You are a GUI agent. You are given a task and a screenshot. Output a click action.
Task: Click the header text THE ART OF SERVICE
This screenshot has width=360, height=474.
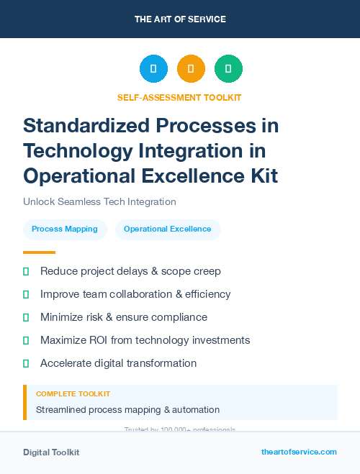pyautogui.click(x=180, y=19)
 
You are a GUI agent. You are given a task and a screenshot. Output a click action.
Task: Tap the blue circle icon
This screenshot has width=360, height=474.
pyautogui.click(x=153, y=68)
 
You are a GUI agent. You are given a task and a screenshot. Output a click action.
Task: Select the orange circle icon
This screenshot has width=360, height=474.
pyautogui.click(x=191, y=68)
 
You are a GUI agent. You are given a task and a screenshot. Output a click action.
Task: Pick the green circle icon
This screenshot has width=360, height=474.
pyautogui.click(x=228, y=68)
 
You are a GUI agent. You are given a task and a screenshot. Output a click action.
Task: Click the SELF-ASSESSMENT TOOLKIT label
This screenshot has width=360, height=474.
pyautogui.click(x=179, y=98)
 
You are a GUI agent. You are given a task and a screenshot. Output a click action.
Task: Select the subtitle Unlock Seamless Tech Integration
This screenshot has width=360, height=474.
pyautogui.click(x=99, y=202)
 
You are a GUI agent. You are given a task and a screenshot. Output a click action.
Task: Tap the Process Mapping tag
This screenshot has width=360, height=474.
pyautogui.click(x=65, y=229)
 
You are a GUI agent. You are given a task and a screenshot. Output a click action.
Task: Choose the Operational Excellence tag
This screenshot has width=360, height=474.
pyautogui.click(x=168, y=229)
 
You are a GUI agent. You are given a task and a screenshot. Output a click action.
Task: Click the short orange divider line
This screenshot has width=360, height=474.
pyautogui.click(x=39, y=252)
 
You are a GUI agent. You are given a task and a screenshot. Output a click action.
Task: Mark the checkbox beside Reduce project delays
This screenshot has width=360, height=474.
pyautogui.click(x=26, y=271)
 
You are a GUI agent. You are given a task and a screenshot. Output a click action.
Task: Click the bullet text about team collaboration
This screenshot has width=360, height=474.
pyautogui.click(x=135, y=294)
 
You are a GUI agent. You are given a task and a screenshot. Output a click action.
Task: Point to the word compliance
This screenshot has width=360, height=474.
pyautogui.click(x=180, y=317)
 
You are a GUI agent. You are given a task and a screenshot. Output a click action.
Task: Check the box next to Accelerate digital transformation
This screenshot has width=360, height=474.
pyautogui.click(x=26, y=363)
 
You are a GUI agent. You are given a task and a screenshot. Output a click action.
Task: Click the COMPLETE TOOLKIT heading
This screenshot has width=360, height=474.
pyautogui.click(x=73, y=394)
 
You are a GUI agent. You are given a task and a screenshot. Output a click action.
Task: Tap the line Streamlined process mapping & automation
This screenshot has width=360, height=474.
pyautogui.click(x=127, y=410)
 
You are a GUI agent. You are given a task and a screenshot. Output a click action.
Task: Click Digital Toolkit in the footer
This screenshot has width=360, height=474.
pyautogui.click(x=51, y=452)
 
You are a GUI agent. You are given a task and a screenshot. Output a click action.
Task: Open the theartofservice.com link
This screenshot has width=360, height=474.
pyautogui.click(x=299, y=452)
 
